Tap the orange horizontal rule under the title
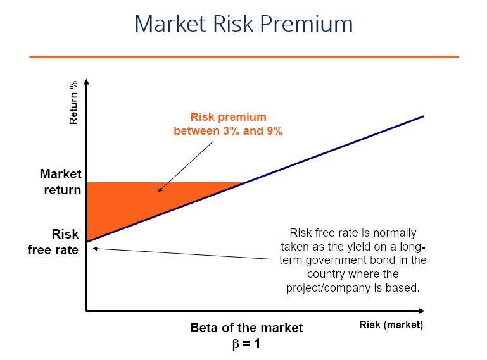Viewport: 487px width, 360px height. (x=244, y=56)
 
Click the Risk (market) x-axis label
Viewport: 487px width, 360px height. (x=391, y=325)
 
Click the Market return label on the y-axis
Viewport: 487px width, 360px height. (x=61, y=181)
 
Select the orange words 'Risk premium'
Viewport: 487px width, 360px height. (x=229, y=117)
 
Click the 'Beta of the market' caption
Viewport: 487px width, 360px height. (x=246, y=328)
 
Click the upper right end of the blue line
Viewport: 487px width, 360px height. (x=422, y=116)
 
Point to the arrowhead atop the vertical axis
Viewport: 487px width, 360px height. (x=87, y=82)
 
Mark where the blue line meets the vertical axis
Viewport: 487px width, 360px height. (x=87, y=241)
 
